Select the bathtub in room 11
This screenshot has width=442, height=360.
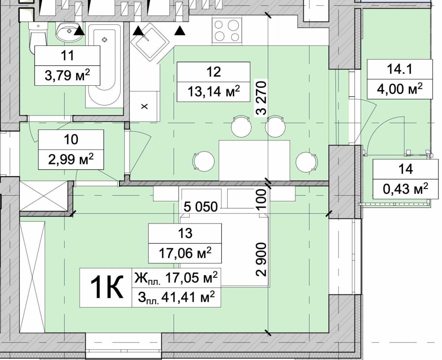point(105,65)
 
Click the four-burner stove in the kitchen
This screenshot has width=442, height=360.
point(227,31)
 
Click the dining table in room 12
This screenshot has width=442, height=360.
point(254,160)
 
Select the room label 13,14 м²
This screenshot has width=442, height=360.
point(213,91)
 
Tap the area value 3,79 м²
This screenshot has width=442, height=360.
point(68,75)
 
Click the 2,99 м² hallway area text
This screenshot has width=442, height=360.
point(71,160)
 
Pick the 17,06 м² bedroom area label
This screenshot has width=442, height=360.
point(185,253)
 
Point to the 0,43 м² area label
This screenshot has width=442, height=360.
point(406,189)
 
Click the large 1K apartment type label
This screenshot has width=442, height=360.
point(106,287)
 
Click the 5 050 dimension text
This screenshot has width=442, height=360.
point(201,207)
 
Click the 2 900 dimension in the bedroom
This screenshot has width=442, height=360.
point(261,259)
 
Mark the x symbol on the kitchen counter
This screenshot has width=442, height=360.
point(145,106)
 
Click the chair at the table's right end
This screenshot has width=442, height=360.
point(307,161)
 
